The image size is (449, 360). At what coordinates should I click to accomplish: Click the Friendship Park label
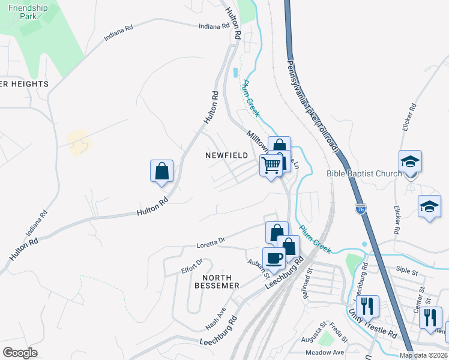pyautogui.click(x=28, y=12)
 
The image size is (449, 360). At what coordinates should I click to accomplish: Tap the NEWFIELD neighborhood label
pyautogui.click(x=226, y=155)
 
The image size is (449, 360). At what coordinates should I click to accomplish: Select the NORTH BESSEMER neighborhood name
pyautogui.click(x=217, y=281)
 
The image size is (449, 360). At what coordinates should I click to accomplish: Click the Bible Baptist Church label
pyautogui.click(x=364, y=174)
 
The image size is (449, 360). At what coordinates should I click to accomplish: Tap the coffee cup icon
pyautogui.click(x=274, y=258)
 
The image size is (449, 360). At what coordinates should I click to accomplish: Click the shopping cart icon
pyautogui.click(x=271, y=164)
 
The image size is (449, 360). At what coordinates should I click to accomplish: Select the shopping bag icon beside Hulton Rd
pyautogui.click(x=161, y=170)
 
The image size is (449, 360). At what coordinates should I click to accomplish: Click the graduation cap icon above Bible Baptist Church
pyautogui.click(x=410, y=161)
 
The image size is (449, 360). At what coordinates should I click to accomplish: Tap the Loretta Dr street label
pyautogui.click(x=211, y=243)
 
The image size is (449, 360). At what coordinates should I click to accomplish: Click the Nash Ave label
pyautogui.click(x=215, y=316)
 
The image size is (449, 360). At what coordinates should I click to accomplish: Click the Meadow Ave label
pyautogui.click(x=325, y=352)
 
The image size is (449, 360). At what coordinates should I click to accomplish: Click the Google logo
pyautogui.click(x=20, y=353)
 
